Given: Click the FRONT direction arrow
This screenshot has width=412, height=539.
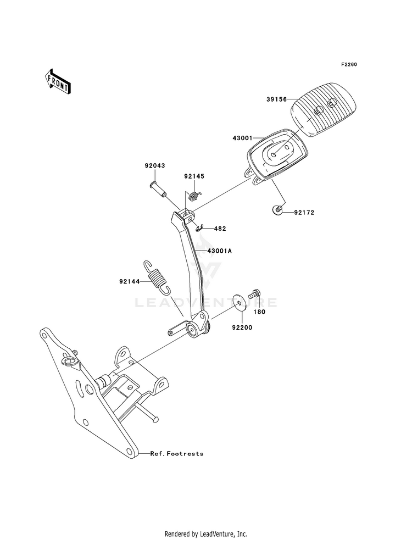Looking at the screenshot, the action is (x=58, y=81).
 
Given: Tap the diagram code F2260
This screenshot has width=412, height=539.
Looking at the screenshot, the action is (x=349, y=65).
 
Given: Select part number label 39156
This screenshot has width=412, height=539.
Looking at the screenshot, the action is (x=277, y=99).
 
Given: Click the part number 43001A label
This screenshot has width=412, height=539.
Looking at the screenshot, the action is (x=219, y=251).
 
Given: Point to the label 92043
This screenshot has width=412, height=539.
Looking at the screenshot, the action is (x=154, y=166).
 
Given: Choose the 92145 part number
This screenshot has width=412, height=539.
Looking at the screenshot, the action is (x=194, y=176).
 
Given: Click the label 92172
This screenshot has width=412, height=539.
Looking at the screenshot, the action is (x=304, y=213).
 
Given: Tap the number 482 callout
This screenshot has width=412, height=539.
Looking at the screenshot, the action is (x=220, y=229).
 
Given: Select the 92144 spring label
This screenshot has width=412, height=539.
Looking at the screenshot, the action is (x=130, y=281).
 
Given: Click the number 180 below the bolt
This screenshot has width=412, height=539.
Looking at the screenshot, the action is (x=259, y=312).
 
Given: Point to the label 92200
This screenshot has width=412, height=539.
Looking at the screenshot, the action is (x=242, y=327).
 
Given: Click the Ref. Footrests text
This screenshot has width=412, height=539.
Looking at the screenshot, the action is (x=177, y=454).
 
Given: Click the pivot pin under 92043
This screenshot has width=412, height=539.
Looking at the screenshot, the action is (x=158, y=190).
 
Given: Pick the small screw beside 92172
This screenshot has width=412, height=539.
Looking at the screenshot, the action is (x=277, y=210).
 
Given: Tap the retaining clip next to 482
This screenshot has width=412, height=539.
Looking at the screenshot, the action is (x=200, y=227).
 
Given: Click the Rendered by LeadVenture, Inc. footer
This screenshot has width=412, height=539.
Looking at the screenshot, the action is (x=206, y=534).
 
